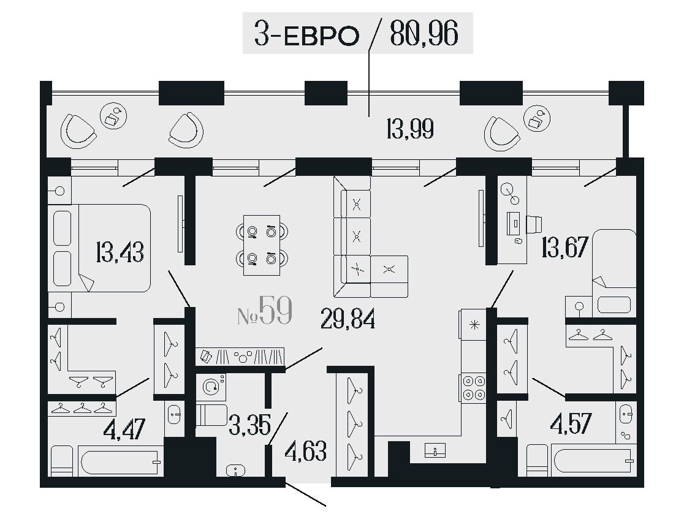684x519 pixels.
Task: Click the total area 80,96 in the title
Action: (x=424, y=34)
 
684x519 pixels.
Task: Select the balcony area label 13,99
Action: (x=410, y=129)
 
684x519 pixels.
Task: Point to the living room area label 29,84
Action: (x=348, y=319)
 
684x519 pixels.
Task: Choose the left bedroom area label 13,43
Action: (x=120, y=252)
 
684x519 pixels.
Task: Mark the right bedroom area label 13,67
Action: (x=565, y=248)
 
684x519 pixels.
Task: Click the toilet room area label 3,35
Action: (x=250, y=425)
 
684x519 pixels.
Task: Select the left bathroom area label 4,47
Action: (x=124, y=429)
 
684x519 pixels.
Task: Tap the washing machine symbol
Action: (x=211, y=386)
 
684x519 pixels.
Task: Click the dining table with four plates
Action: (x=262, y=245)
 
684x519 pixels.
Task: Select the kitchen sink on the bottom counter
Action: (x=435, y=450)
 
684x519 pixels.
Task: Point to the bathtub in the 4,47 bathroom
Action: (x=120, y=460)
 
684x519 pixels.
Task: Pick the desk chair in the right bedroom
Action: (x=534, y=224)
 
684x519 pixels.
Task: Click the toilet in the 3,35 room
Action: (x=211, y=415)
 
